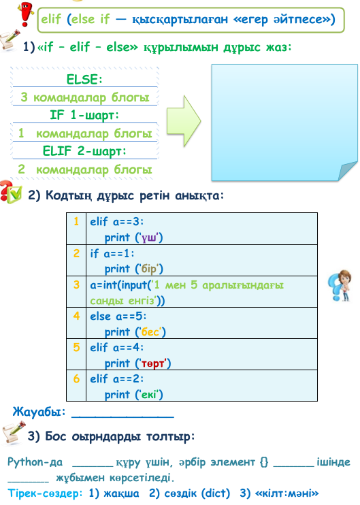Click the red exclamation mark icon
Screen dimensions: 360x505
tap(26, 14)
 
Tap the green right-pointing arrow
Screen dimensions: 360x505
tap(184, 121)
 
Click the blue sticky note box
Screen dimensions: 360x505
tap(284, 123)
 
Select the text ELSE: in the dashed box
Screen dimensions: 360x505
tap(84, 79)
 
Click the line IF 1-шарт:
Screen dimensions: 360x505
tap(84, 115)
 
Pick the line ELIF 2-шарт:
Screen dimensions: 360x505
tap(84, 151)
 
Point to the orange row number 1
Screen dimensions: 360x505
tap(76, 221)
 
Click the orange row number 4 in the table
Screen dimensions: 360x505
tap(76, 316)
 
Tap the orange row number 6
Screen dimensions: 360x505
tap(76, 378)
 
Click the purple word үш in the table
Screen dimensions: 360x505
tap(149, 238)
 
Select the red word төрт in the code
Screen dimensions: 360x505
tap(153, 363)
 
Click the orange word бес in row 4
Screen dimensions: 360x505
tap(150, 331)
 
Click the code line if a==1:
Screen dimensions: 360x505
tap(112, 254)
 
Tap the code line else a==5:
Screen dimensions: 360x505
tap(118, 316)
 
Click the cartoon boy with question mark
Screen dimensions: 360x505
tap(340, 286)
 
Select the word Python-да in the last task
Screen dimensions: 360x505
tap(35, 463)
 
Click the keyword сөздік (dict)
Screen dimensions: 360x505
tap(197, 493)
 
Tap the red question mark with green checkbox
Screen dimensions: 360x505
tap(11, 193)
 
